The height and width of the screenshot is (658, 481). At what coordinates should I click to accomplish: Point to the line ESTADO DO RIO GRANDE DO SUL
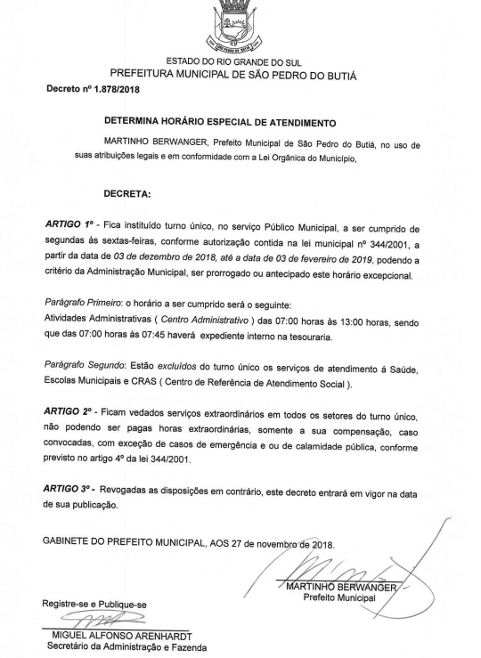(241, 59)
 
